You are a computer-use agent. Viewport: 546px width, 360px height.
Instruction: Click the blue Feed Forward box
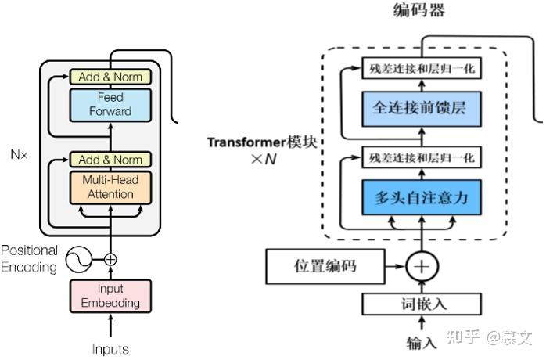110,104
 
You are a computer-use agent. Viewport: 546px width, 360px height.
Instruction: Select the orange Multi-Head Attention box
110,187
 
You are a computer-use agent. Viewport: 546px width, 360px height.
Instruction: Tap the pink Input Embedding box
110,296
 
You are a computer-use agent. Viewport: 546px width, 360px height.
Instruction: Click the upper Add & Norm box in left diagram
110,77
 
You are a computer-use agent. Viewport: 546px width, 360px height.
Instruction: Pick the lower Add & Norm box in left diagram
110,160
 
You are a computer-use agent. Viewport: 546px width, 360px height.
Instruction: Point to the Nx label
19,154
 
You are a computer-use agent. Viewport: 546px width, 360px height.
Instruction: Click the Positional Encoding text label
29,259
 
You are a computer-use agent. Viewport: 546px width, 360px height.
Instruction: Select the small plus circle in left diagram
110,259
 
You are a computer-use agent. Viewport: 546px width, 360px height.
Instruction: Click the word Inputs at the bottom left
110,349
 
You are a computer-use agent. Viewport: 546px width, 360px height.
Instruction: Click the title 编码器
419,11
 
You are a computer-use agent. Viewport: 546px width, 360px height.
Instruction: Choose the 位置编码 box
324,266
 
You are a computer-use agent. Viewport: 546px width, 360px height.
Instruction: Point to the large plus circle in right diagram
422,266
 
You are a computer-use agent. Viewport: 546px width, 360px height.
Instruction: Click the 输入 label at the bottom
422,343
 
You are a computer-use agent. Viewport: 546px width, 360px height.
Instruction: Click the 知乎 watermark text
465,338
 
